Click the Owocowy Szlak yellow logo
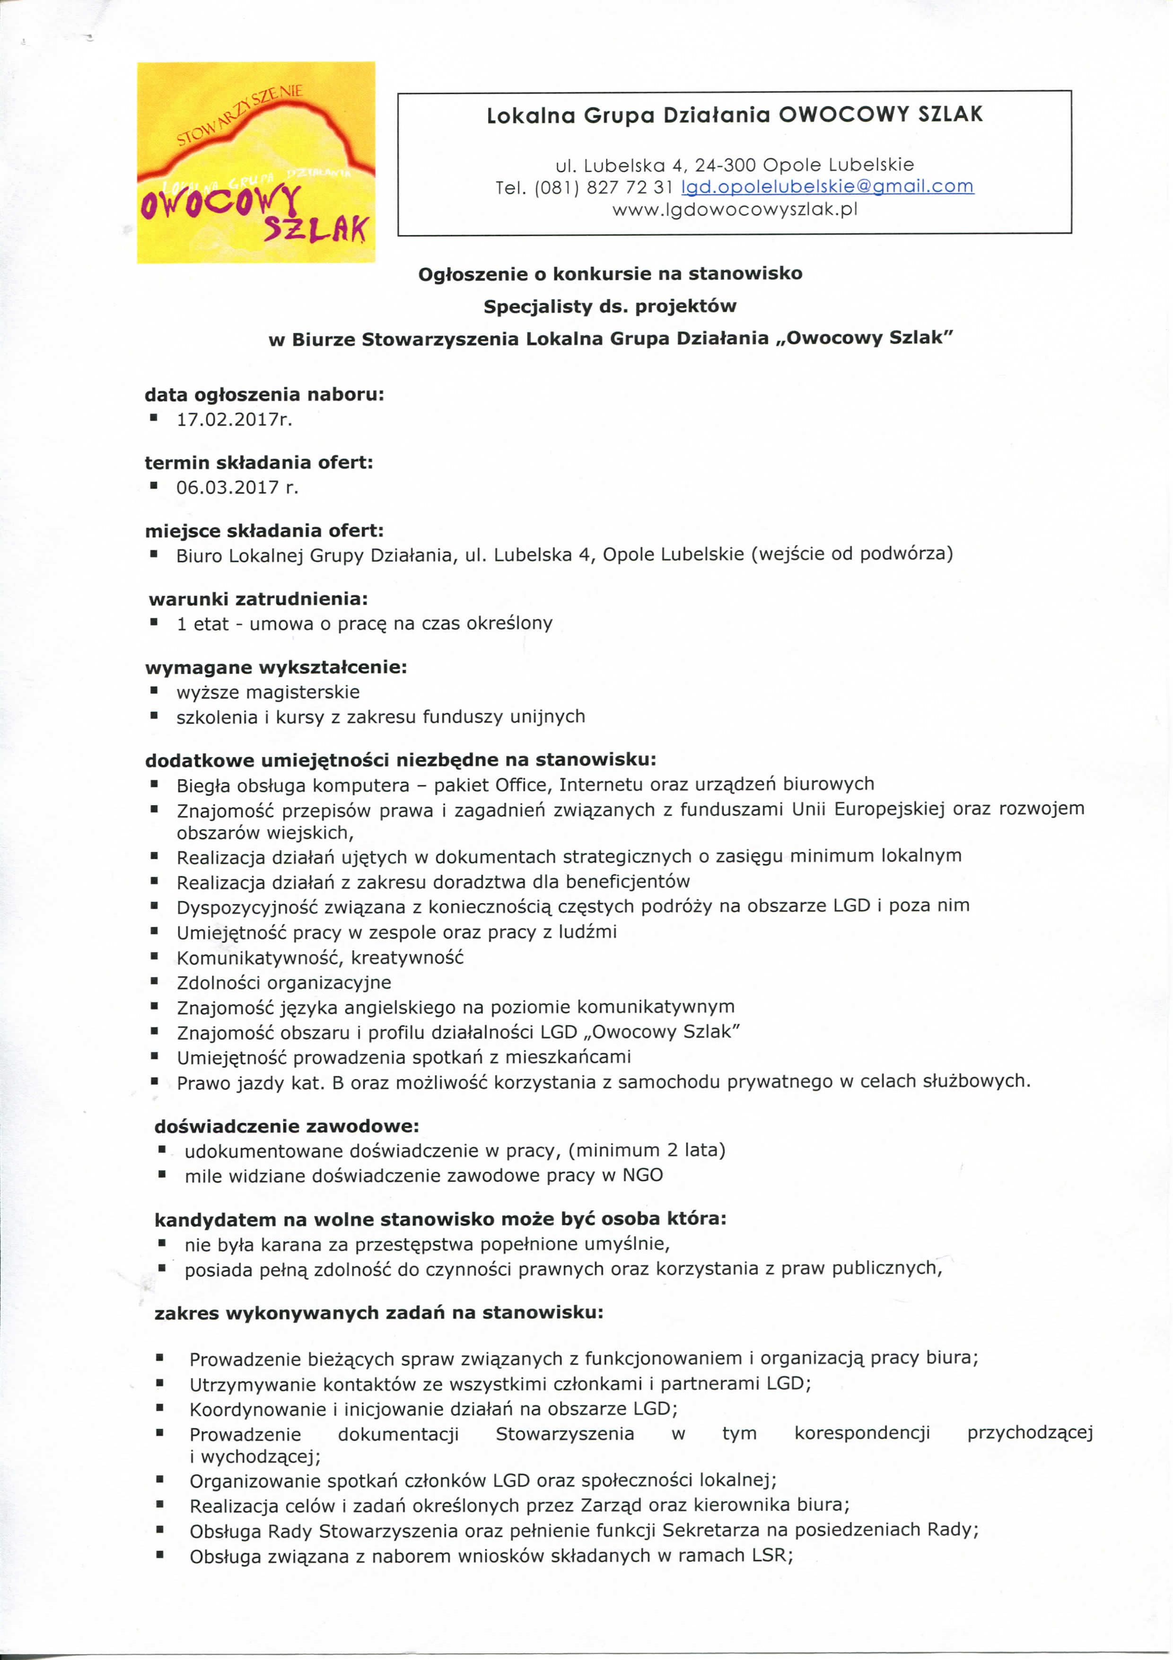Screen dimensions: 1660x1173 (256, 163)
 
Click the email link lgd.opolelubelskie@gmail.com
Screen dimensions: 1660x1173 (828, 186)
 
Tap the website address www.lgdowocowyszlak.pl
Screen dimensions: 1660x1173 (734, 210)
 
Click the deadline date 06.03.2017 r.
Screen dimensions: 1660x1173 (237, 487)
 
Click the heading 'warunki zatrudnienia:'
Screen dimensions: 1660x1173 (258, 598)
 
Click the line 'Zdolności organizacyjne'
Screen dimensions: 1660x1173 (284, 983)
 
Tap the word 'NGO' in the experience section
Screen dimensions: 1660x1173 (642, 1175)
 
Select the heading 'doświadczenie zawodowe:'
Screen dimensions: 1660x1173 (287, 1126)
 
